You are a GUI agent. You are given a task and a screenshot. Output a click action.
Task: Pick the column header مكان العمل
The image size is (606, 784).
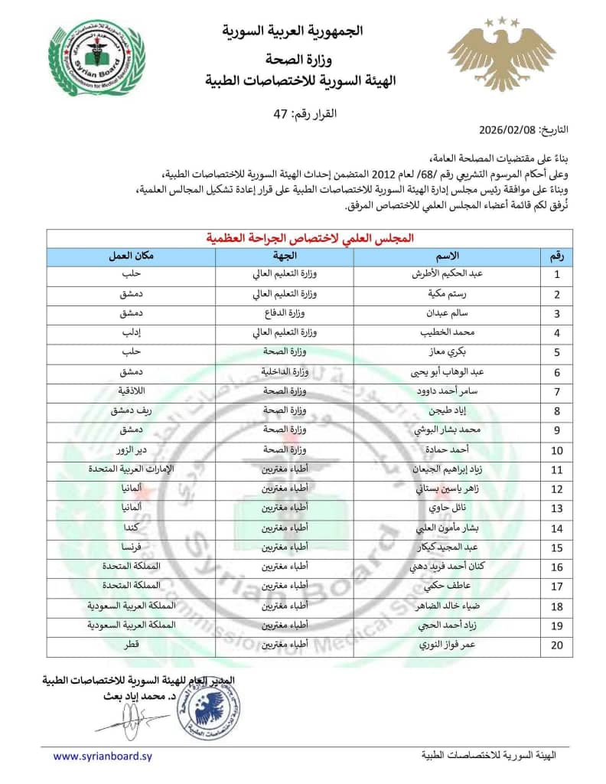129,256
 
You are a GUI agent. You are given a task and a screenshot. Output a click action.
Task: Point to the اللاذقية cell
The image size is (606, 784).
129,391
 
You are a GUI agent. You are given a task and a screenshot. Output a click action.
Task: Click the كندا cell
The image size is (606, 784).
129,528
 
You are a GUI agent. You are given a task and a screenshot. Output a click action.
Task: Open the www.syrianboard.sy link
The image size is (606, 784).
103,756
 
